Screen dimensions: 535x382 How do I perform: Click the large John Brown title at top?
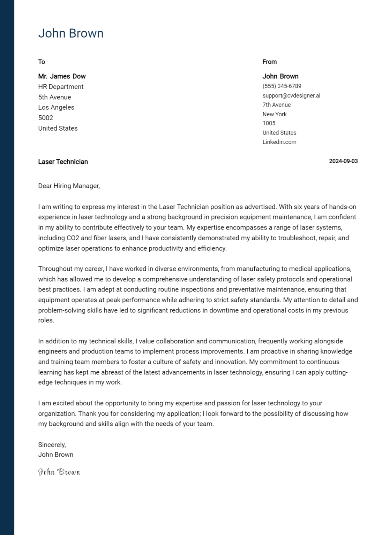point(71,33)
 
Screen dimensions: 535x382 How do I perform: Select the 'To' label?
point(42,62)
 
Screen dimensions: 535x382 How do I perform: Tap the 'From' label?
point(269,62)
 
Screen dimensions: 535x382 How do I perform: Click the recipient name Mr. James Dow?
point(62,76)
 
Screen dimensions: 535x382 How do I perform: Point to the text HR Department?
point(61,87)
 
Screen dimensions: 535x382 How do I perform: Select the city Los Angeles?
point(56,108)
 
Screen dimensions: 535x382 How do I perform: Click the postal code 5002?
point(46,118)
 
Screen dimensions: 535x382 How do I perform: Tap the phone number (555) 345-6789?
point(282,86)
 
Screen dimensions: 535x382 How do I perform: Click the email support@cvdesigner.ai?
point(291,95)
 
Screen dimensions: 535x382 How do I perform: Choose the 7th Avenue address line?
point(276,105)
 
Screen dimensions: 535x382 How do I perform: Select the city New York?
point(275,114)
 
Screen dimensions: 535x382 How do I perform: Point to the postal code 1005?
point(269,123)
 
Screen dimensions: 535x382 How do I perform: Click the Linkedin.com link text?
point(279,142)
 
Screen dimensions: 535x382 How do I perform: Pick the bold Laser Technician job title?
point(63,162)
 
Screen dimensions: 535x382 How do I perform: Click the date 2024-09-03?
point(343,161)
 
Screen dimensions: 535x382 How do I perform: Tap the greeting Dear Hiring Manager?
point(69,186)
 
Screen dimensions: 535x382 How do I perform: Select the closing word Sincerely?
point(52,445)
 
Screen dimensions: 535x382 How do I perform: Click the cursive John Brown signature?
point(59,472)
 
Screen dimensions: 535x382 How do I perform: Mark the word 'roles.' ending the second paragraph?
point(46,320)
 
